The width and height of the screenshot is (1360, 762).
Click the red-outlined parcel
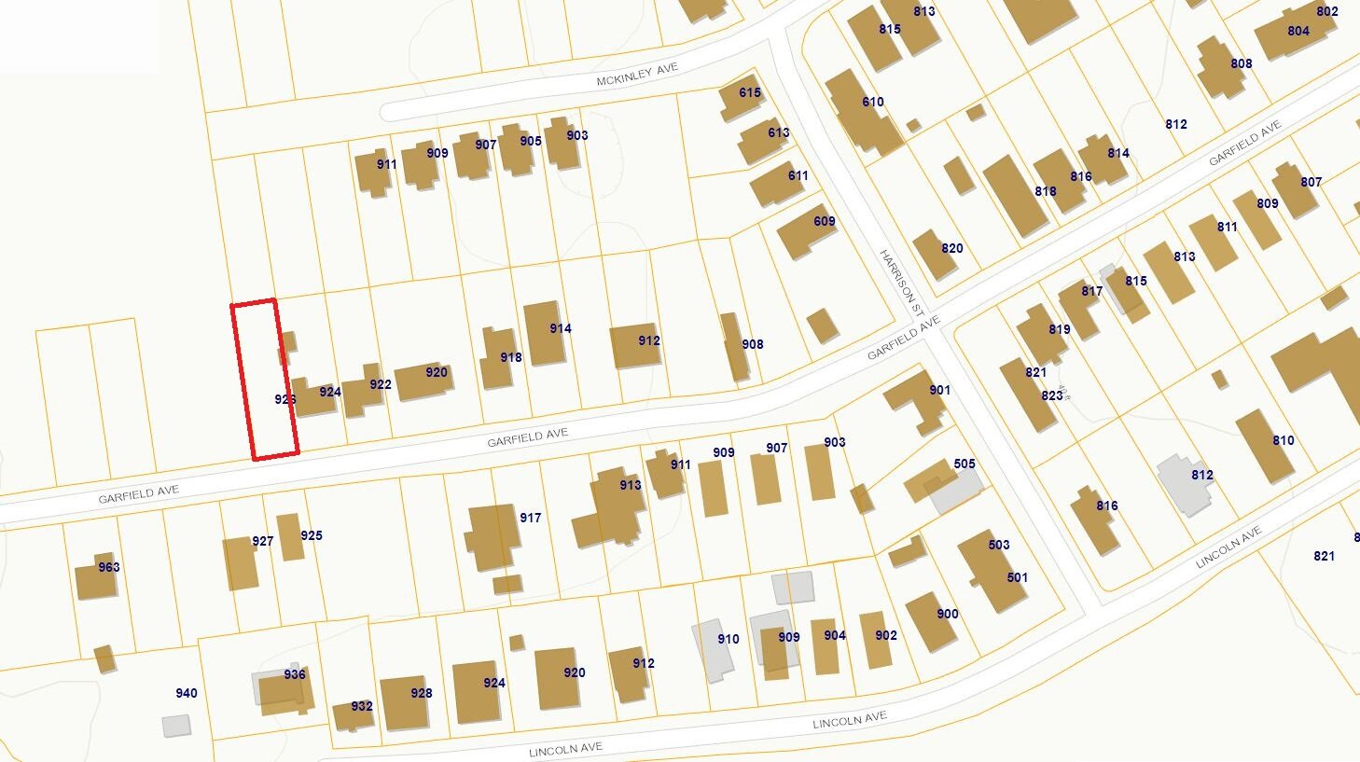pyautogui.click(x=265, y=378)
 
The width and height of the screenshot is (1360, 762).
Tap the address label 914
pyautogui.click(x=560, y=328)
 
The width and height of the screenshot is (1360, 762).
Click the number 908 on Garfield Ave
pyautogui.click(x=752, y=344)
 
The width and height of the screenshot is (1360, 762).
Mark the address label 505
pyautogui.click(x=964, y=464)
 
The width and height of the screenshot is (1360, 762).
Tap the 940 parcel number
pyautogui.click(x=187, y=693)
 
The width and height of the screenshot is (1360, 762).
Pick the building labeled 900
pyautogui.click(x=932, y=621)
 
